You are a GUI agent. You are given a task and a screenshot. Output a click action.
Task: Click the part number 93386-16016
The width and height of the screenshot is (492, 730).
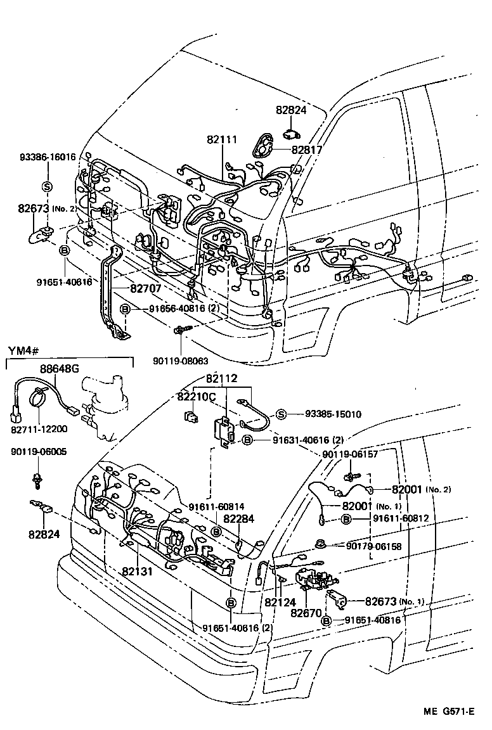(x=47, y=157)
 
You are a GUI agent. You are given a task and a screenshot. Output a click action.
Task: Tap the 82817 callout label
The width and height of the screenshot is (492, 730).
(x=307, y=150)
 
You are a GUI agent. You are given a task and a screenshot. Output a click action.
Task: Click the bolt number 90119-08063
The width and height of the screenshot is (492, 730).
(x=180, y=361)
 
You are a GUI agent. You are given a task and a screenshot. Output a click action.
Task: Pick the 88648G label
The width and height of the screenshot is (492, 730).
(x=60, y=369)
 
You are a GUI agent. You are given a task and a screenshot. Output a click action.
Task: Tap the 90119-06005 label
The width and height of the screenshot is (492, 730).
(x=38, y=452)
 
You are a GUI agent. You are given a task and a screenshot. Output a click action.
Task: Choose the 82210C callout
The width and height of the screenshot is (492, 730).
(x=197, y=396)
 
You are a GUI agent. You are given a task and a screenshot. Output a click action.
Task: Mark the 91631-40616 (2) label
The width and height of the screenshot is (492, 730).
(x=308, y=439)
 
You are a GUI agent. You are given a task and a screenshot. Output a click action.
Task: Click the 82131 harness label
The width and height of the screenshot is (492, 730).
(x=138, y=570)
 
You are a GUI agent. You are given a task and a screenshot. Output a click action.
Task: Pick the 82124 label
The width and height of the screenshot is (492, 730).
(x=280, y=602)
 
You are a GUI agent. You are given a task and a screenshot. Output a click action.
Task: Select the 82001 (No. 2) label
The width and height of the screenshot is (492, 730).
(x=413, y=489)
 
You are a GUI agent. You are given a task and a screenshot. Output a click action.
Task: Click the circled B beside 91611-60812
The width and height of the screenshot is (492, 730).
(x=346, y=519)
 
